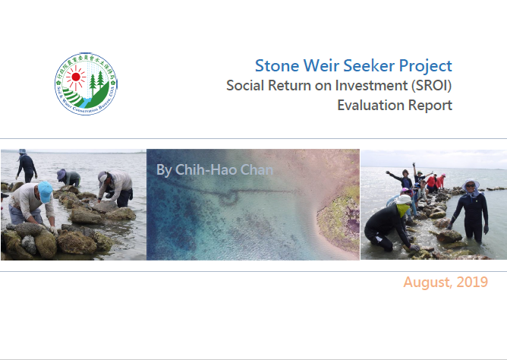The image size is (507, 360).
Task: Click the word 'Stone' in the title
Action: coord(276,65)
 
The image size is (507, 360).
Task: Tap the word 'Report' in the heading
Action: coord(430,105)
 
